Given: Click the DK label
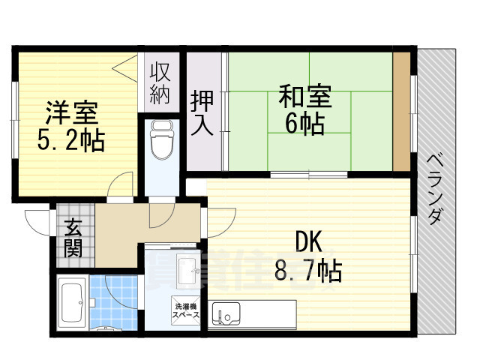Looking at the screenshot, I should click(307, 242).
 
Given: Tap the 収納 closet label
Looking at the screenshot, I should click(161, 84).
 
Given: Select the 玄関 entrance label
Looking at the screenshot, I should click(73, 237).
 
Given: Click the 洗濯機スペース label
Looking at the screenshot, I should click(187, 311).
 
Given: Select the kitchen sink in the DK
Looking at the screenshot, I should click(225, 312).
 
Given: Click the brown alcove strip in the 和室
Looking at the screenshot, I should click(402, 112).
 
